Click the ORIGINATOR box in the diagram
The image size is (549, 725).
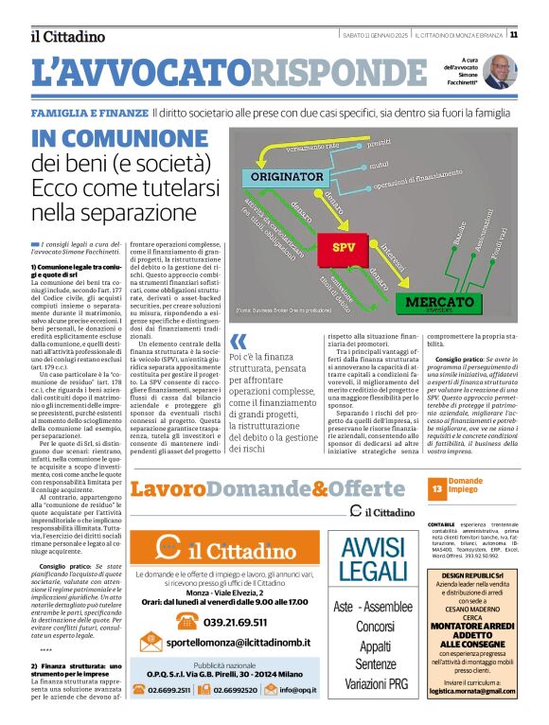[288, 176]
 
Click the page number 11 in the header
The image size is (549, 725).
[540, 35]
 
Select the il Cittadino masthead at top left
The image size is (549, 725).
[66, 36]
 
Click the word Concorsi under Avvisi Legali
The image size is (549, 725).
[374, 626]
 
